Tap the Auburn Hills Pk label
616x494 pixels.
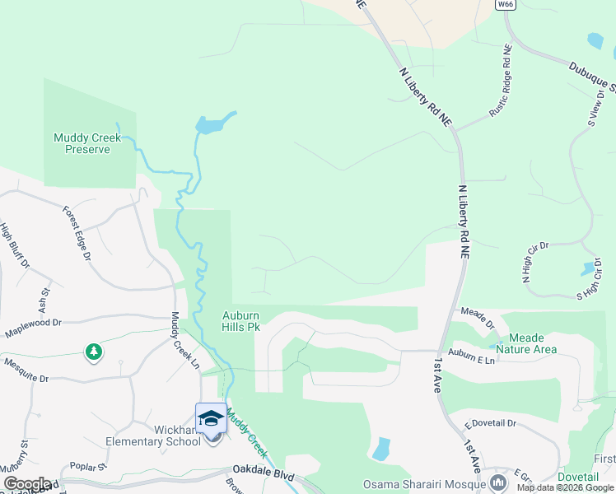[241, 321]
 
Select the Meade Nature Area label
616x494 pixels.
[532, 343]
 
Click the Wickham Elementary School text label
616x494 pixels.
[154, 435]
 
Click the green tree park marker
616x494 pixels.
[94, 352]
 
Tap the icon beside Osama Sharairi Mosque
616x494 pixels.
[497, 481]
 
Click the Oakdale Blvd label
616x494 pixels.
[264, 475]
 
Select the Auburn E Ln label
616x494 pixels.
[472, 360]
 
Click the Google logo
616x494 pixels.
[26, 483]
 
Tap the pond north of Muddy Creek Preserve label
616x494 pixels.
[212, 124]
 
